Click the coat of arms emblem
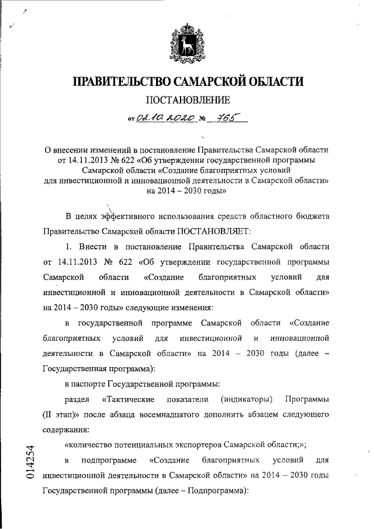pyautogui.click(x=186, y=41)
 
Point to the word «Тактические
pyautogui.click(x=127, y=399)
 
